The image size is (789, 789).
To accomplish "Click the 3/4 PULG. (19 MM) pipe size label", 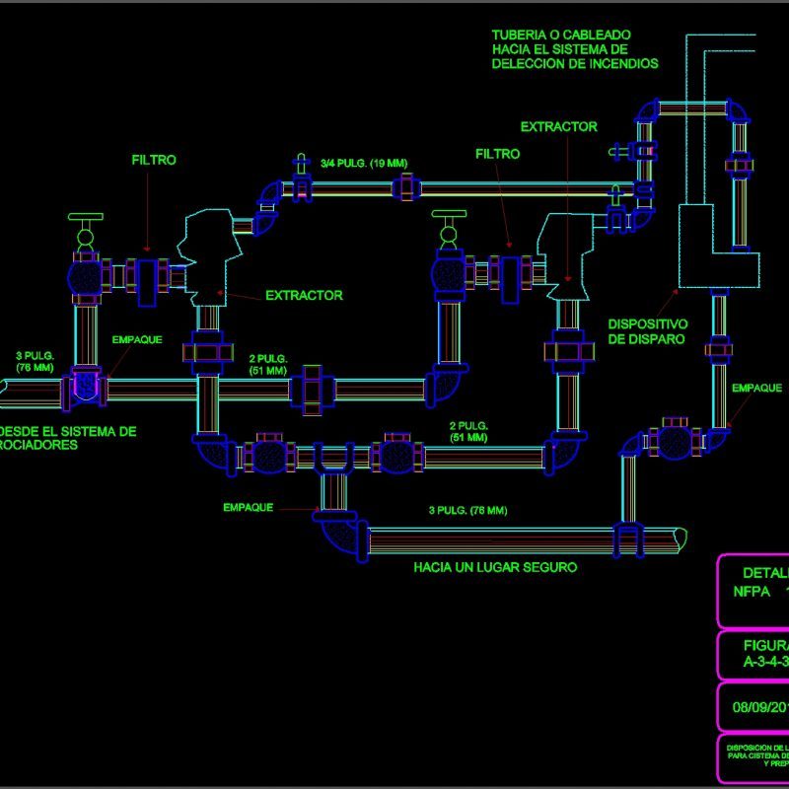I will click(364, 163).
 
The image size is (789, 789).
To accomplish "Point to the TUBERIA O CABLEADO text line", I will click(561, 36).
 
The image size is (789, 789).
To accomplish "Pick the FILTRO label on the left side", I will click(153, 160).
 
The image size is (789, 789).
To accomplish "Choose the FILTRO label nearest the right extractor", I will click(497, 155).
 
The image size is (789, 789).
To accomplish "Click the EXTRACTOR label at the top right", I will click(558, 127).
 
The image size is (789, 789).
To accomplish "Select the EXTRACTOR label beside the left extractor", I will click(304, 295).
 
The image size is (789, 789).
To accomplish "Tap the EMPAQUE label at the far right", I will click(756, 389).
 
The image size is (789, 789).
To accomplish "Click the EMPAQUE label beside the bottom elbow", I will click(248, 508).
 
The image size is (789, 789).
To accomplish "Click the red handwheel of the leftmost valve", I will click(85, 218).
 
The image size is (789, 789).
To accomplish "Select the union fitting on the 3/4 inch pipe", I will click(405, 187).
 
